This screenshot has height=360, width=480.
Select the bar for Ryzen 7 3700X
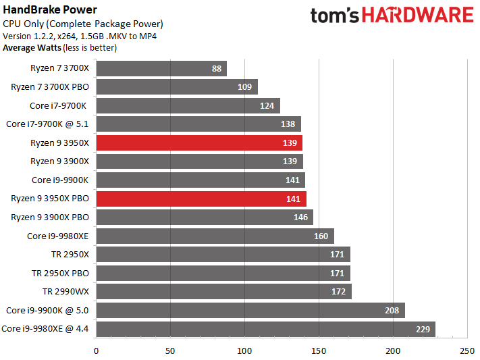161,68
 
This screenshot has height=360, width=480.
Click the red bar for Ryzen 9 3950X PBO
201,199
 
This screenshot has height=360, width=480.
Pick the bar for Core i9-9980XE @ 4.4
265,328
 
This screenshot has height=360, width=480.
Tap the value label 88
217,68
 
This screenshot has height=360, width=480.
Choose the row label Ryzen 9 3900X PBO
51,217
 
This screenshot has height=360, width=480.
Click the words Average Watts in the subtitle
31,48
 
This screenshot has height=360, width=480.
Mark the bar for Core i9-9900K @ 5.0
250,310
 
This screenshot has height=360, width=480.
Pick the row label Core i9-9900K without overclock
61,180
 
